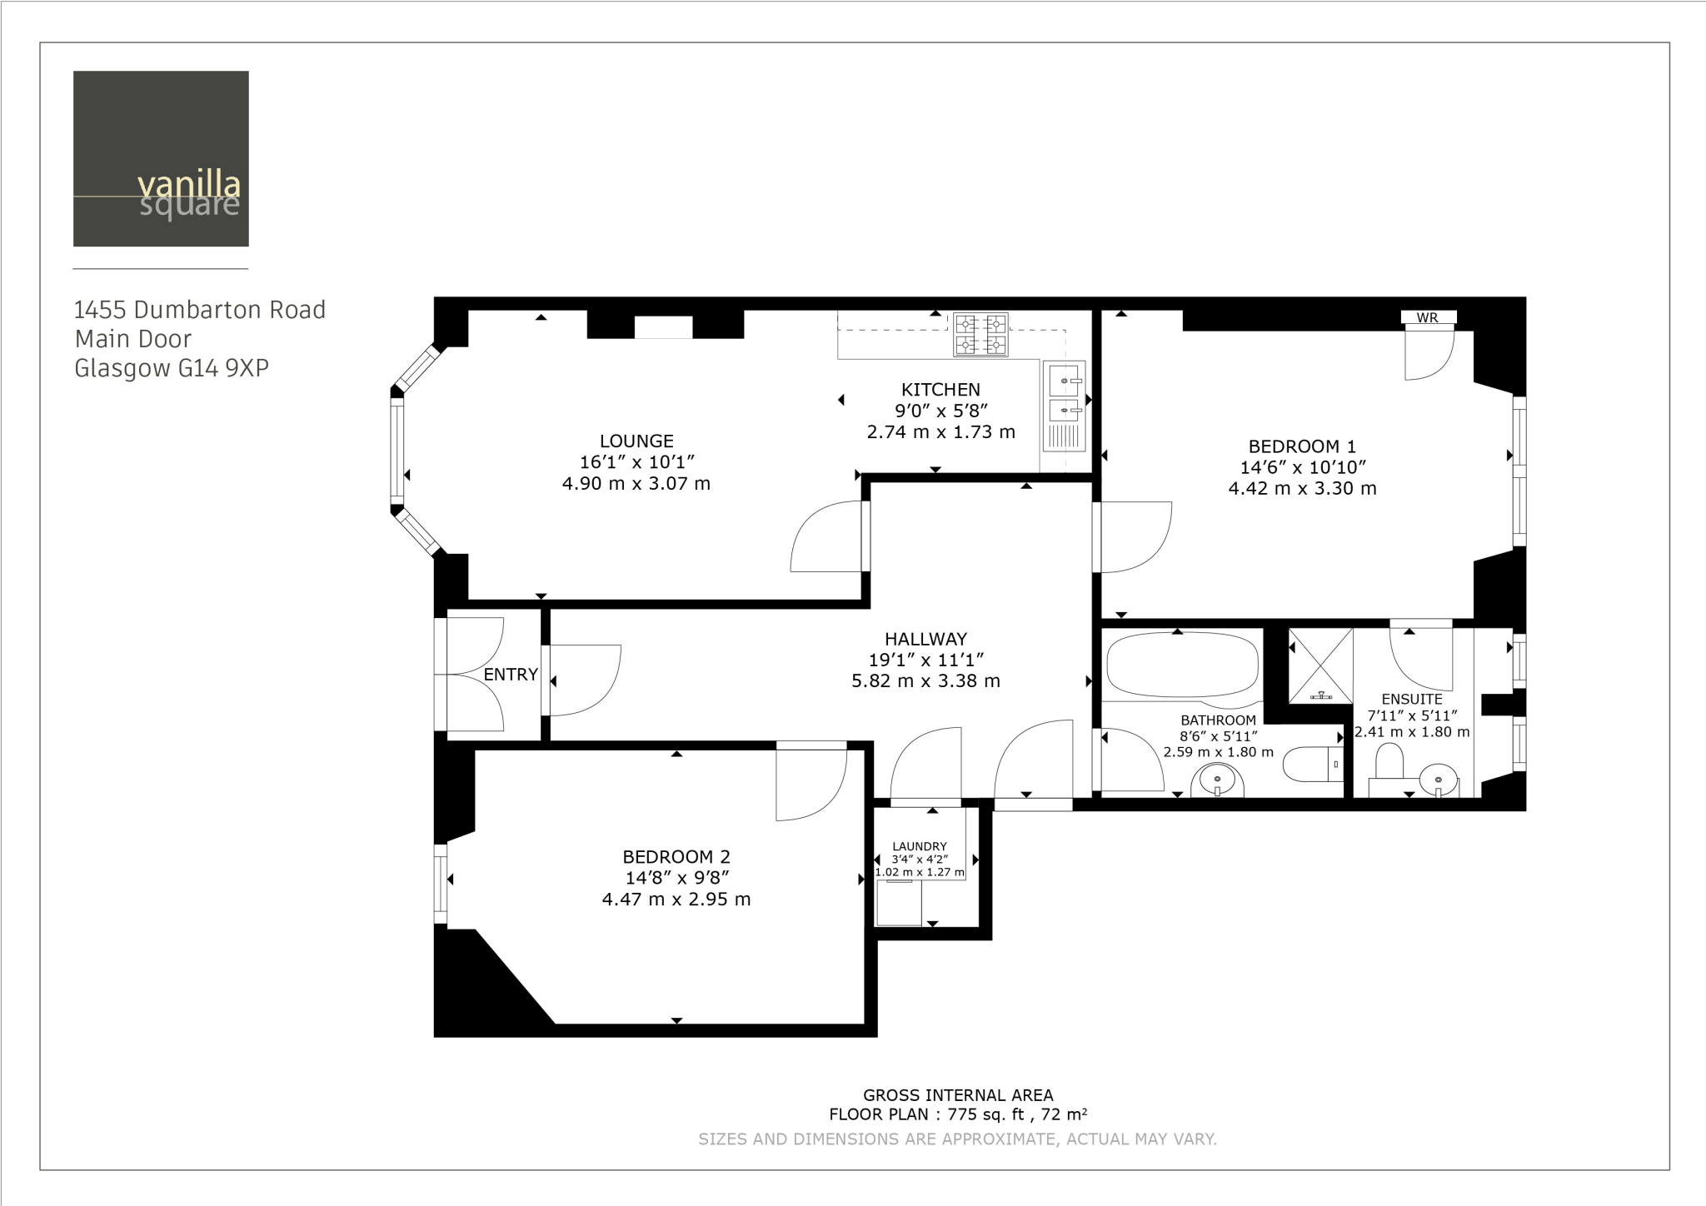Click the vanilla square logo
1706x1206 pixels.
pos(161,158)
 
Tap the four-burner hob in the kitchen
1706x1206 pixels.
pos(980,334)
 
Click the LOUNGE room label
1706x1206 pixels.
pos(636,441)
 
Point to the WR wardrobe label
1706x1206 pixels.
pos(1427,317)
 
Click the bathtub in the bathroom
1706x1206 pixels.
pos(1181,664)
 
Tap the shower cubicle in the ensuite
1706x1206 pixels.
pos(1320,666)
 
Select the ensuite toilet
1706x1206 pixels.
pos(1389,762)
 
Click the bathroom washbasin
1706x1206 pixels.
pos(1217,781)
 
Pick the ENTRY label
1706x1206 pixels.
pos(511,675)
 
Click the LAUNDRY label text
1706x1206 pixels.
pos(920,846)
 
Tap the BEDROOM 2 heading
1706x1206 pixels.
pos(676,856)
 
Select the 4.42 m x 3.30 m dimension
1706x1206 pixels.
pos(1302,489)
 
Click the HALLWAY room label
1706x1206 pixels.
pos(925,639)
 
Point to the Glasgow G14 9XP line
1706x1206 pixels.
pos(172,368)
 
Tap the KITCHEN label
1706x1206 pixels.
pos(940,389)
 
